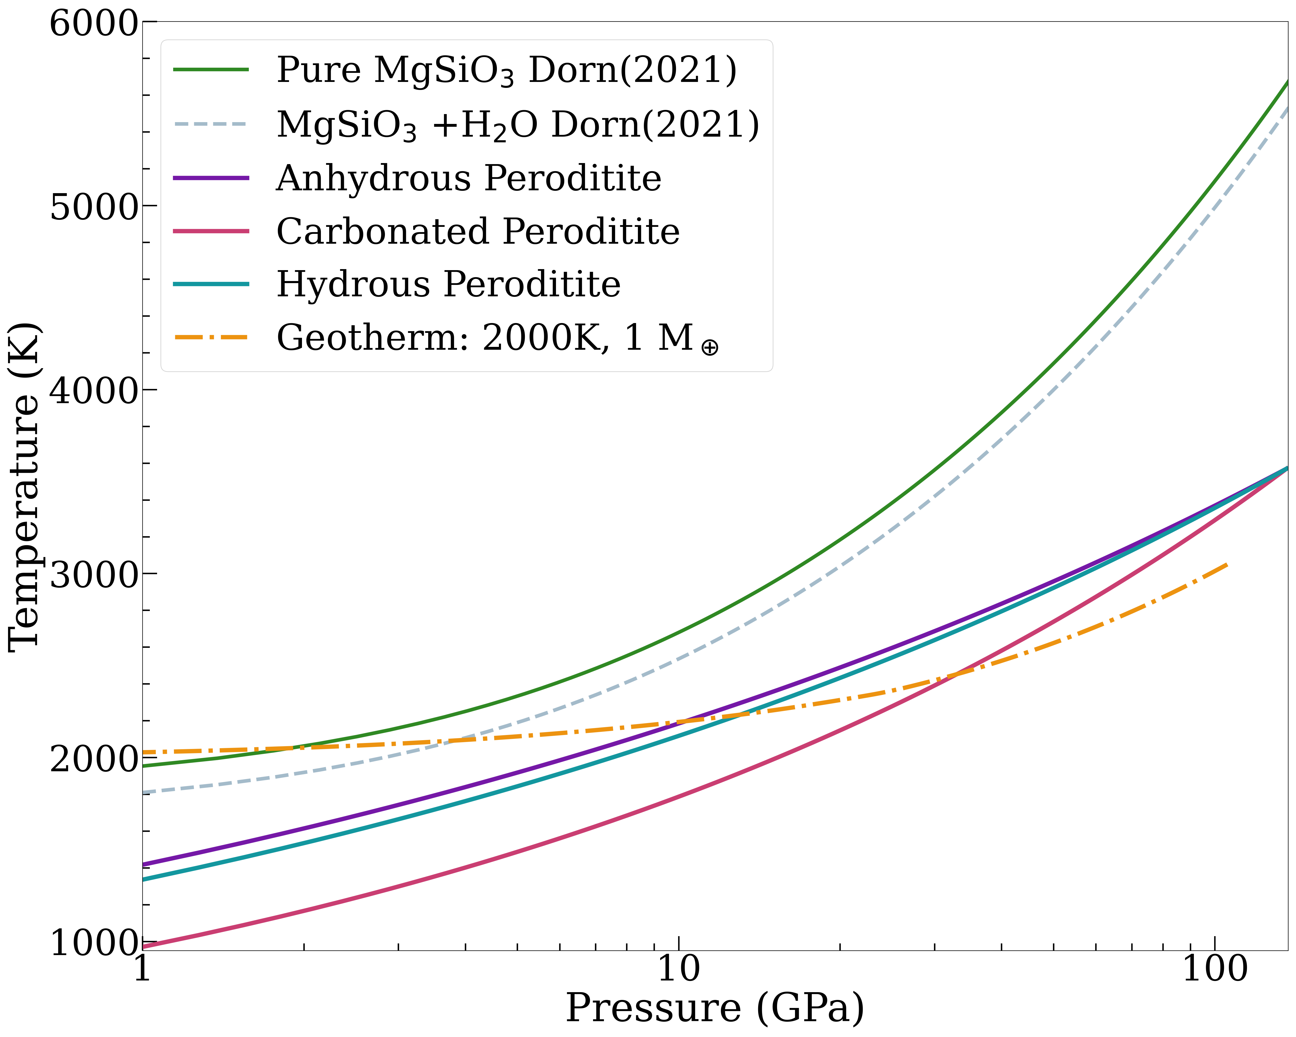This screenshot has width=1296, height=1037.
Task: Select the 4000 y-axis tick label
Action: pyautogui.click(x=93, y=392)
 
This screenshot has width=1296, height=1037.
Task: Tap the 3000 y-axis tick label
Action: pyautogui.click(x=93, y=576)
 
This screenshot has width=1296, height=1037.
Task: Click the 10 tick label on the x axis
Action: pyautogui.click(x=678, y=969)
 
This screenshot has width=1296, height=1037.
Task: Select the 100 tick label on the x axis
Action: pyautogui.click(x=1214, y=969)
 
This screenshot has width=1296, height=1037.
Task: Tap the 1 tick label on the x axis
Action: pyautogui.click(x=142, y=969)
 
